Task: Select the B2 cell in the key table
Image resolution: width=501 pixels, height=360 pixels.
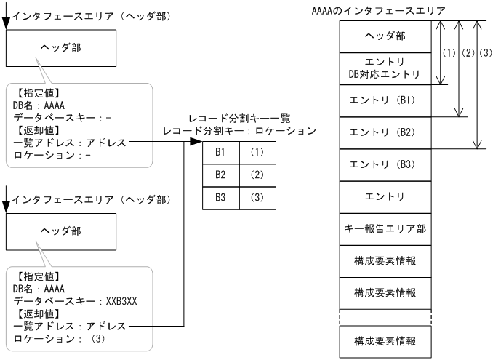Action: tap(220, 175)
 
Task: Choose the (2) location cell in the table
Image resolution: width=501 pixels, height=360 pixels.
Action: tap(257, 175)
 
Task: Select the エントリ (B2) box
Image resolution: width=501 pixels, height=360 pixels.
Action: tap(384, 132)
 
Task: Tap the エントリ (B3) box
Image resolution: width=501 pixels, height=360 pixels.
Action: tap(384, 164)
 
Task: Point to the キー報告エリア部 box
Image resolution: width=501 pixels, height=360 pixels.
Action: tap(384, 228)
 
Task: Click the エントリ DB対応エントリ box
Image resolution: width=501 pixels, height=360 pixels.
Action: tap(384, 68)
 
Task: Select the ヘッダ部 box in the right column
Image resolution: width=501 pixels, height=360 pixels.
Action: tap(384, 36)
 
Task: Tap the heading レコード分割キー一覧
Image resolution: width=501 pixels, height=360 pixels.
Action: tap(239, 119)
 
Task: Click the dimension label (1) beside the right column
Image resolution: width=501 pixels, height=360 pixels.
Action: tap(449, 53)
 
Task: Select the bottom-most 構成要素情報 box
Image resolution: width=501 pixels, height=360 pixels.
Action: tap(384, 340)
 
